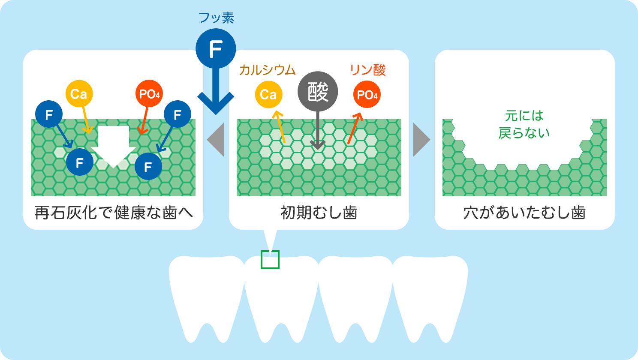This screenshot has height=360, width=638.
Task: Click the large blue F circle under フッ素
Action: click(x=216, y=48)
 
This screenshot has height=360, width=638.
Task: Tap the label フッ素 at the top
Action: click(x=216, y=18)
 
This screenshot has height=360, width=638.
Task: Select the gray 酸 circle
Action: click(x=318, y=92)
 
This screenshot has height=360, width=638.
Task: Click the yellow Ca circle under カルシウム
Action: click(x=268, y=94)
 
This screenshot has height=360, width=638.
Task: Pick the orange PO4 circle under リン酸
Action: click(x=367, y=94)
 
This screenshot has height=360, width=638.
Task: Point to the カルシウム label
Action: click(x=268, y=70)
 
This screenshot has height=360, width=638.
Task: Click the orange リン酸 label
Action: click(x=368, y=70)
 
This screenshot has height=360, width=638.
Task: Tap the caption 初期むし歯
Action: click(x=319, y=213)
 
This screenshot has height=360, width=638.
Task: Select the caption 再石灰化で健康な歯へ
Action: click(x=113, y=213)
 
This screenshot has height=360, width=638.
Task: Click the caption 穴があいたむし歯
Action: click(x=524, y=213)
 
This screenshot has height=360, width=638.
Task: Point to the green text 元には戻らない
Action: click(x=524, y=124)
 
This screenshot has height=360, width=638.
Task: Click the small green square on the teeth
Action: click(x=270, y=260)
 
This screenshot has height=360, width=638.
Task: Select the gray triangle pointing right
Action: click(x=421, y=140)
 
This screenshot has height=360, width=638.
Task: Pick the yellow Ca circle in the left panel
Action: click(x=79, y=94)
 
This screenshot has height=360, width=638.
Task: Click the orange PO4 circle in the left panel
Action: click(x=149, y=94)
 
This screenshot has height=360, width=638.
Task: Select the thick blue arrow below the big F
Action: click(x=216, y=94)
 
